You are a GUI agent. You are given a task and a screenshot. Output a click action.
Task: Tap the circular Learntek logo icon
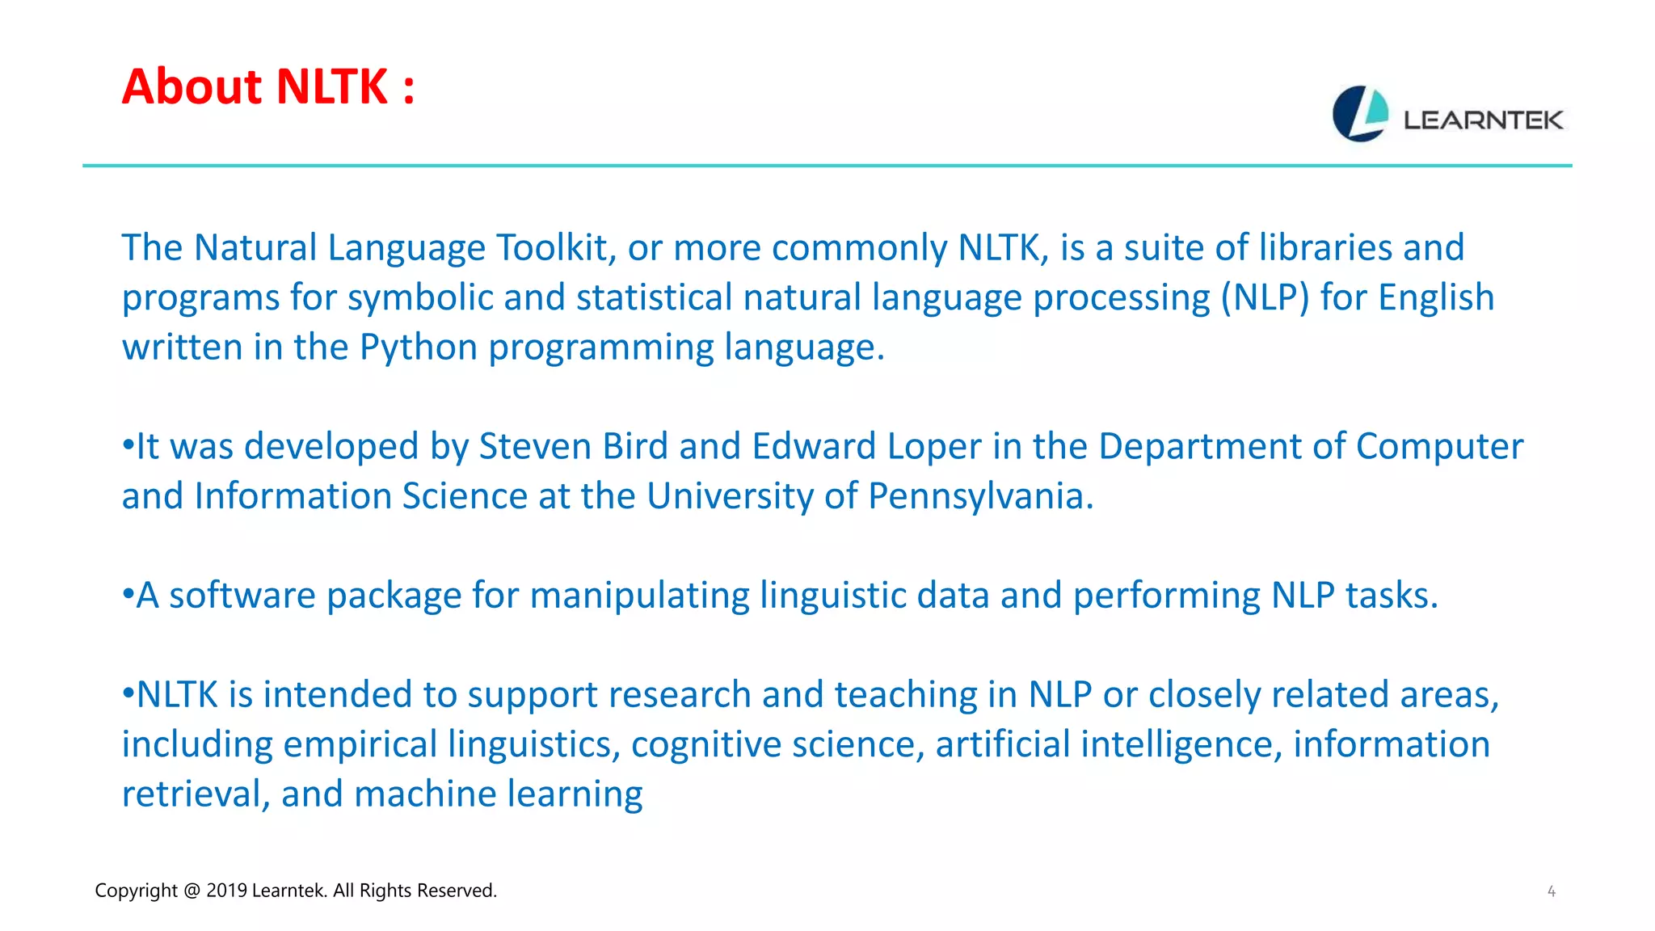pyautogui.click(x=1360, y=114)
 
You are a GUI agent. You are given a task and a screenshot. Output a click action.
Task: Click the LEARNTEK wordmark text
pyautogui.click(x=1483, y=120)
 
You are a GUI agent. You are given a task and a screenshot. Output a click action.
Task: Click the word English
pyautogui.click(x=1436, y=297)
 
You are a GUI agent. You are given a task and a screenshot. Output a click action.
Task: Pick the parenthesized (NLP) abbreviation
pyautogui.click(x=1265, y=297)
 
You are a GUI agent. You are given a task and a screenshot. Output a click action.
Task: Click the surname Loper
pyautogui.click(x=934, y=447)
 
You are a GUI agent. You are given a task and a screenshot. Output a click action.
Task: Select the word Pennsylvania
pyautogui.click(x=980, y=496)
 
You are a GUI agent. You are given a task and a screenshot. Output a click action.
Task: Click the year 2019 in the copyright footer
pyautogui.click(x=226, y=891)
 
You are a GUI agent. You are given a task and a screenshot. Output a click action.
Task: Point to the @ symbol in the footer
pyautogui.click(x=192, y=891)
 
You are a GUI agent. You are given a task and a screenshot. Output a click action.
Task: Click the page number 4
pyautogui.click(x=1551, y=891)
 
